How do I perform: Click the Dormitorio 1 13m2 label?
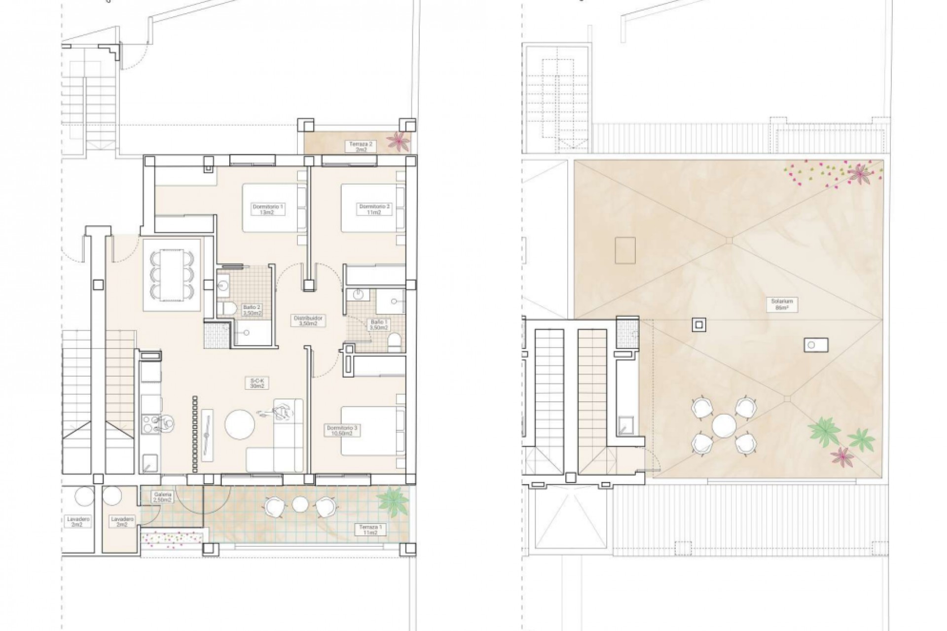262,209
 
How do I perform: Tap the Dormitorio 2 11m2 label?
374,209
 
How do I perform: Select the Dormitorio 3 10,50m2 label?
339,431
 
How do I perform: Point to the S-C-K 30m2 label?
255,383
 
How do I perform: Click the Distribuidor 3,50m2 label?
308,320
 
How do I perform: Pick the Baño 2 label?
252,310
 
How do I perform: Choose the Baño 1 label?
379,324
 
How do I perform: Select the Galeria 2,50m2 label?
162,496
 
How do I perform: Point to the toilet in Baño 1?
394,342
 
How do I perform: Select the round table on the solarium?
724,425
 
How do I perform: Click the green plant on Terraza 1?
393,500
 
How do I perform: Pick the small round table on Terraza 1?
299,504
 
